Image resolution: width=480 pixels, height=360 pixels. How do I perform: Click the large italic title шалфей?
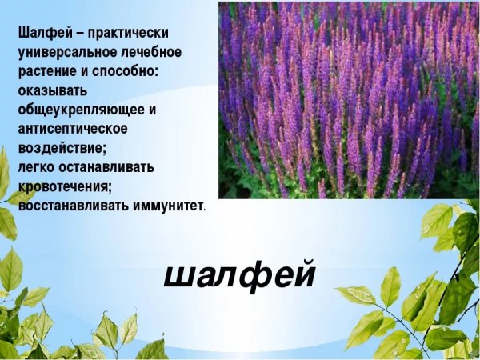click(x=240, y=274)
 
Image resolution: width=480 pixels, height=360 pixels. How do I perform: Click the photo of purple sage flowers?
click(x=348, y=100)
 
